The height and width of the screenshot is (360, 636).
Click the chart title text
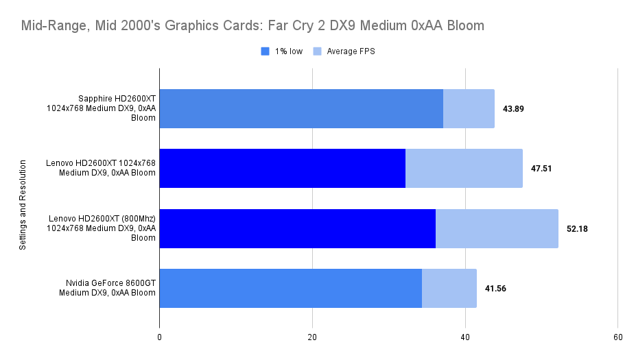[252, 26]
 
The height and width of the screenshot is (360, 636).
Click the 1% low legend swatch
[265, 51]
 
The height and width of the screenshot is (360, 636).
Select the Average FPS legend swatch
[317, 51]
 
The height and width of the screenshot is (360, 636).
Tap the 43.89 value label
[513, 109]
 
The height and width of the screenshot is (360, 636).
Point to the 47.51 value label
[541, 169]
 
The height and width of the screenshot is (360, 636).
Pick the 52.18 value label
[577, 228]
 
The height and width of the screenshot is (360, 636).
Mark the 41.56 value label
[495, 289]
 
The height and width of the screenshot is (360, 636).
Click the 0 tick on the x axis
[159, 337]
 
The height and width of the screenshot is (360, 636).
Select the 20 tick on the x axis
[312, 337]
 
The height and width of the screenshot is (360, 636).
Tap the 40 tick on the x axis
[465, 337]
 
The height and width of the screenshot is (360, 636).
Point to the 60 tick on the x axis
[617, 337]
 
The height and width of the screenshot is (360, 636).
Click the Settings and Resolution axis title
[22, 205]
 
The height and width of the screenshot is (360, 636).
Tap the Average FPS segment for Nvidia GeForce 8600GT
[449, 288]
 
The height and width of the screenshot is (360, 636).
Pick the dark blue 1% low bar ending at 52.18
[297, 228]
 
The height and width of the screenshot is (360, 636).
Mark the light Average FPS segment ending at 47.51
[464, 169]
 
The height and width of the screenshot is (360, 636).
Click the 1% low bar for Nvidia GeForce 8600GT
[290, 288]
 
